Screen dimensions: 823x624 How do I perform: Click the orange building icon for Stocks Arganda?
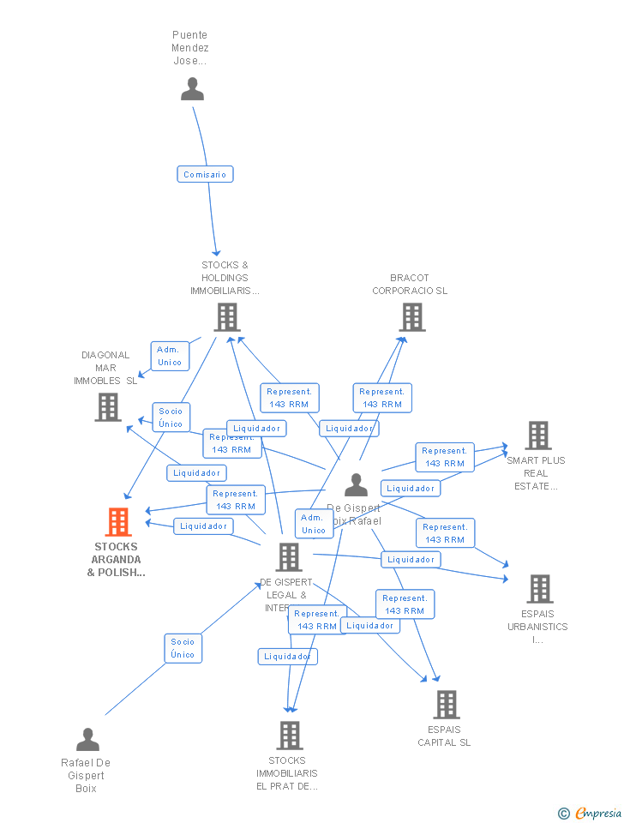click(118, 521)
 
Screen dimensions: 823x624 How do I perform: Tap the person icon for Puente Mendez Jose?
click(192, 88)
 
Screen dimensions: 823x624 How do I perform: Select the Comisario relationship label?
click(205, 174)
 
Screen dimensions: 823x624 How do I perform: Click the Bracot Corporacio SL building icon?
click(412, 317)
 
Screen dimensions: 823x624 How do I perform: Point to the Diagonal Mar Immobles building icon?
click(108, 407)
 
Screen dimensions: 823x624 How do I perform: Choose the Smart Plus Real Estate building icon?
click(537, 436)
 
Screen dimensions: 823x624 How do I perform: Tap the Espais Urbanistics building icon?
click(539, 589)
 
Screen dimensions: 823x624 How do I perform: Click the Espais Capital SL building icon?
click(446, 705)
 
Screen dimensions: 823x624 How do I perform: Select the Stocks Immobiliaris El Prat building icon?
click(290, 735)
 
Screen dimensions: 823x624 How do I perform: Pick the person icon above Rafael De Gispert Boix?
click(87, 739)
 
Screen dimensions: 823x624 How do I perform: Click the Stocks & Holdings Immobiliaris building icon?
click(227, 317)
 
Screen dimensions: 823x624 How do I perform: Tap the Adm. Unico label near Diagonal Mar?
click(170, 356)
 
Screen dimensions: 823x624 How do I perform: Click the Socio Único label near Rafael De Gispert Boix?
click(183, 648)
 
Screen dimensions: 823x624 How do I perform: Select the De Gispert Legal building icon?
click(289, 557)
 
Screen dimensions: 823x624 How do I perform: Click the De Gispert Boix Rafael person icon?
click(356, 485)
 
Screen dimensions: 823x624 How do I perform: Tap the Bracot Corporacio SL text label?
click(410, 284)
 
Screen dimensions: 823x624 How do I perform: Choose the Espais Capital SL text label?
click(444, 736)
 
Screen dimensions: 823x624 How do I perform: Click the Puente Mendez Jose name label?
click(190, 48)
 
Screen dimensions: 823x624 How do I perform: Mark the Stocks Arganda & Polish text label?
click(116, 559)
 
